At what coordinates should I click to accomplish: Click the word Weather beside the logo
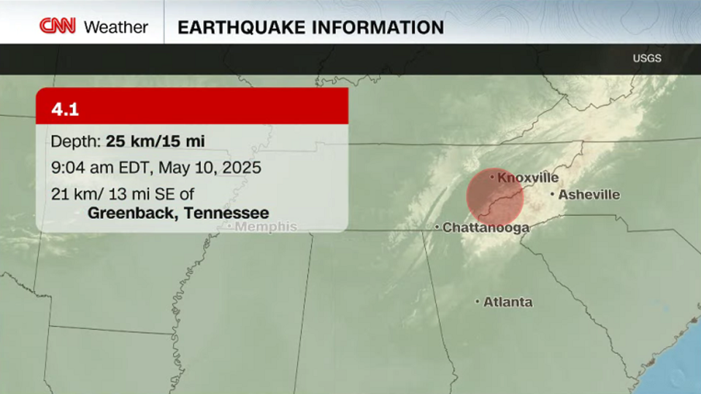pos(116,28)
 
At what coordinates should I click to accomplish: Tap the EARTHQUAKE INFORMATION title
pos(311,28)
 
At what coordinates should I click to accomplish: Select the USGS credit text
pos(647,58)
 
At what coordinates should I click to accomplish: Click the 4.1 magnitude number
pos(65,109)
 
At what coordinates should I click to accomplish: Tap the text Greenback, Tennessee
pos(178,213)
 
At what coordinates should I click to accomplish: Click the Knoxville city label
pos(528,177)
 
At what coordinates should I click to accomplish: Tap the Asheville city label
pos(589,195)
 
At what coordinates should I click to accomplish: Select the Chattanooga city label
pos(486,228)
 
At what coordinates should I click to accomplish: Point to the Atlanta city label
pos(507,302)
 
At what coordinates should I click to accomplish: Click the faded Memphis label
pos(265,227)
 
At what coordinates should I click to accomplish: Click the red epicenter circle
pos(495,197)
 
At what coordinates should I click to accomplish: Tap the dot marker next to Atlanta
pos(478,301)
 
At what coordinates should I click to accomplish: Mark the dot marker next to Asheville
pos(552,194)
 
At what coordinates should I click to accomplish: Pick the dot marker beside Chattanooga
pos(437,228)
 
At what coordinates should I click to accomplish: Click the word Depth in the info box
pos(75,142)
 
